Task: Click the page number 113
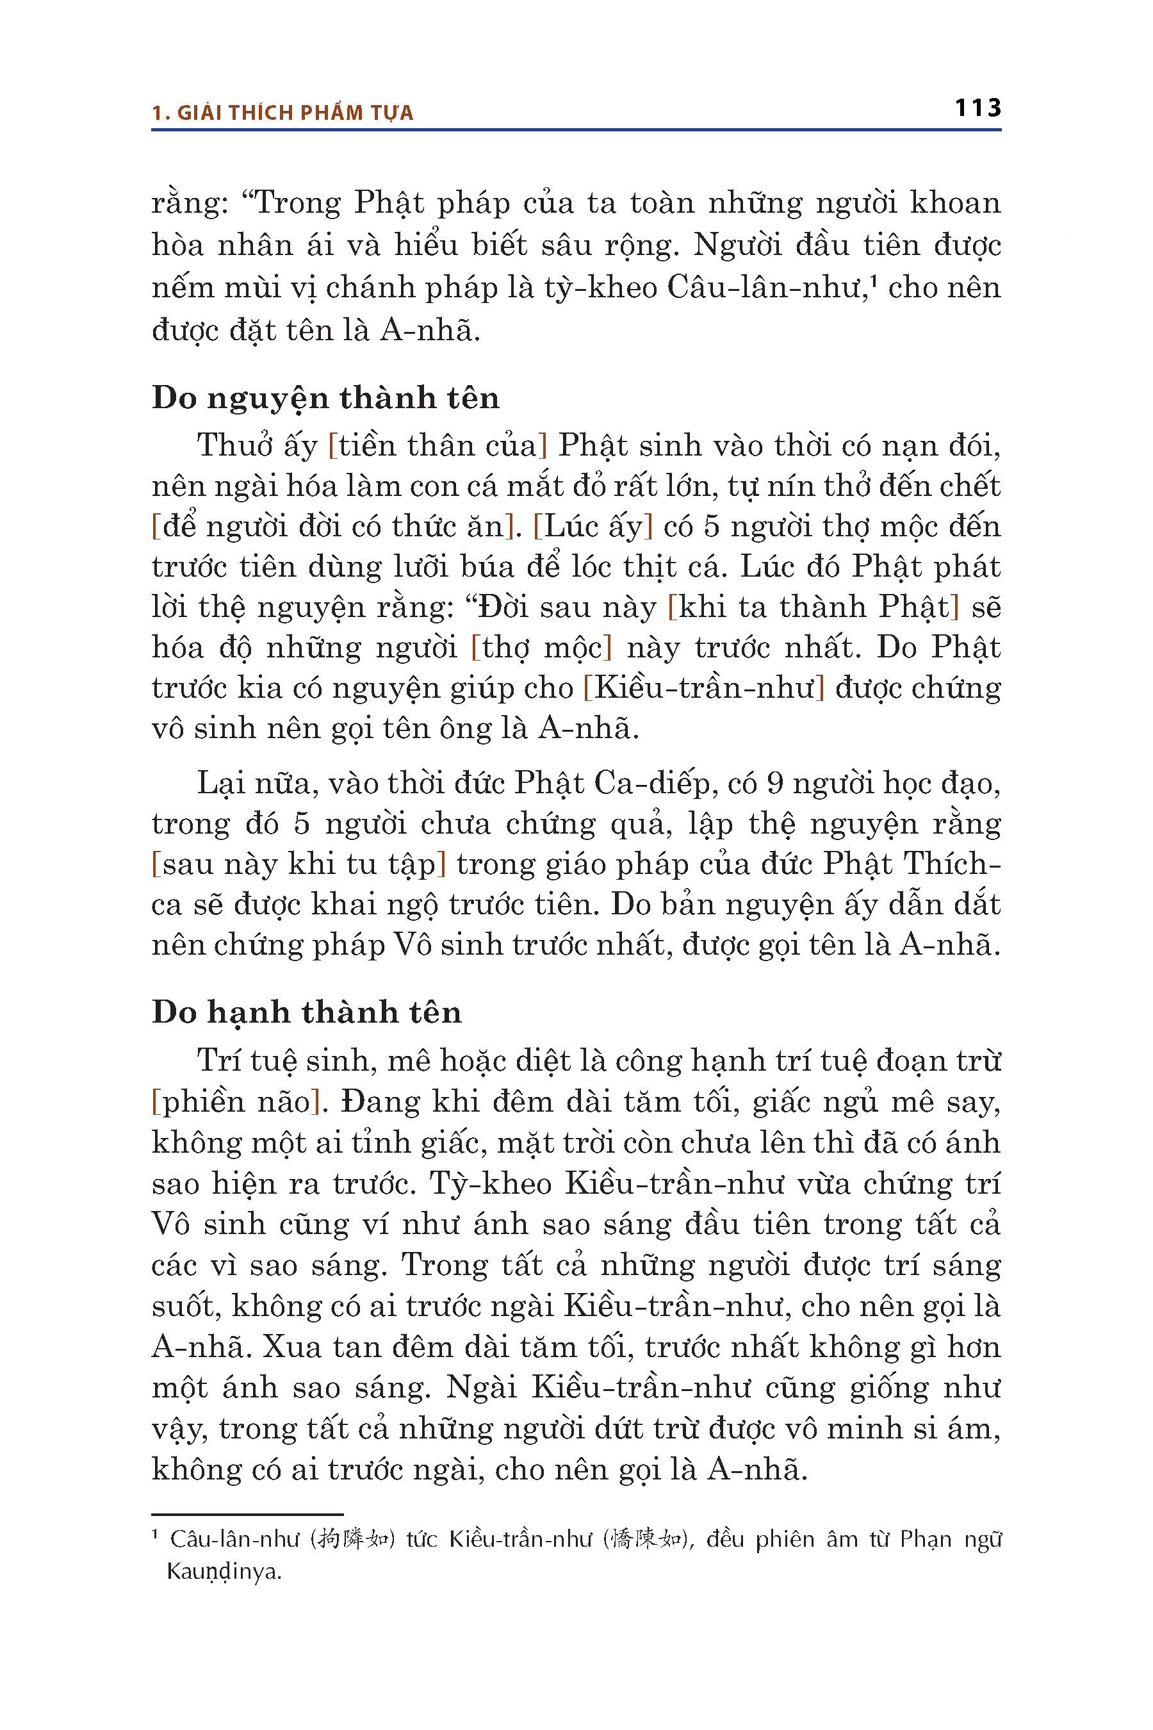[x=977, y=108]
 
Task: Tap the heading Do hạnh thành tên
[x=307, y=1012]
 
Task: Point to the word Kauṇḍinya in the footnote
[x=224, y=1571]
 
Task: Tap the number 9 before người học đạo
[x=774, y=784]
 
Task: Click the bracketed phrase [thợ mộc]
[x=541, y=648]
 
